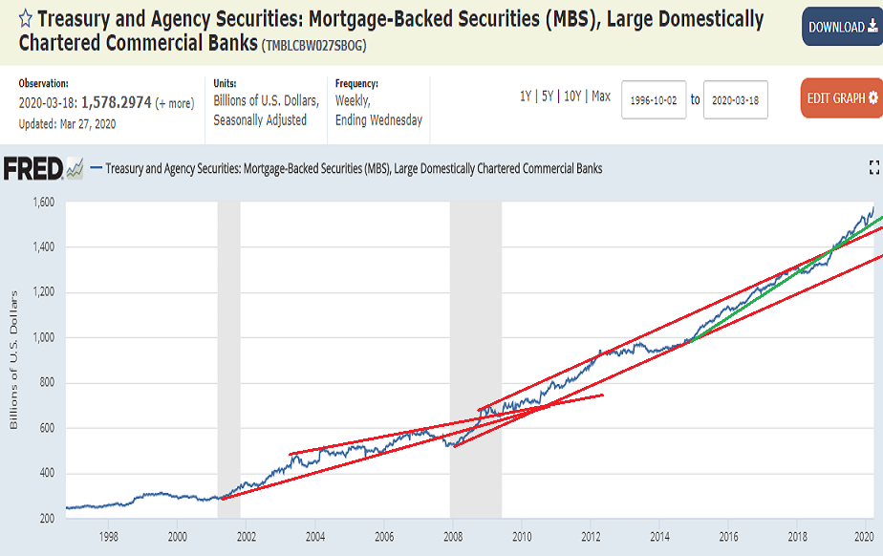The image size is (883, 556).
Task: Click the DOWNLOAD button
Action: click(841, 27)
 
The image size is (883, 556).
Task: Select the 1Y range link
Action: click(526, 96)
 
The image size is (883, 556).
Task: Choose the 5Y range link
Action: click(549, 96)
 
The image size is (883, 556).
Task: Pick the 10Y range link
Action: click(573, 96)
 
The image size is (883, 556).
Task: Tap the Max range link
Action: click(601, 96)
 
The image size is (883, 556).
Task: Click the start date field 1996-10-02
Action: click(654, 99)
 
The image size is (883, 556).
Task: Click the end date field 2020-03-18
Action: click(736, 99)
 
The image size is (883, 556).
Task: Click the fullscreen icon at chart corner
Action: click(873, 168)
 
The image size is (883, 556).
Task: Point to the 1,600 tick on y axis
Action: click(42, 203)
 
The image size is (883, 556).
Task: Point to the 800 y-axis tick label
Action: click(46, 383)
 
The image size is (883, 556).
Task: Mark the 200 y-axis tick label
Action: click(46, 519)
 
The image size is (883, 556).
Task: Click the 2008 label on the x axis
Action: click(453, 537)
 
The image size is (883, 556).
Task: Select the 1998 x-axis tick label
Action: click(108, 537)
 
